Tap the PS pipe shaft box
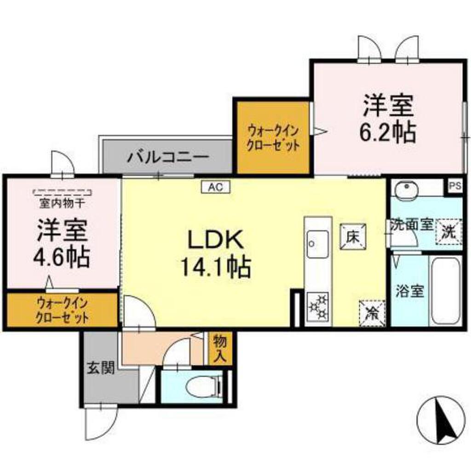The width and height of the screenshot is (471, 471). point(455,186)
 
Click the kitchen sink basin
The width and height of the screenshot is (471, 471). point(318,244)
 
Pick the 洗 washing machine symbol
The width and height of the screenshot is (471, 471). point(448,230)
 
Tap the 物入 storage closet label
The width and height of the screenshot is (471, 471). point(220,349)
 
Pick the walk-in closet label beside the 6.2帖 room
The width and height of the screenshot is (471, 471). point(273,138)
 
